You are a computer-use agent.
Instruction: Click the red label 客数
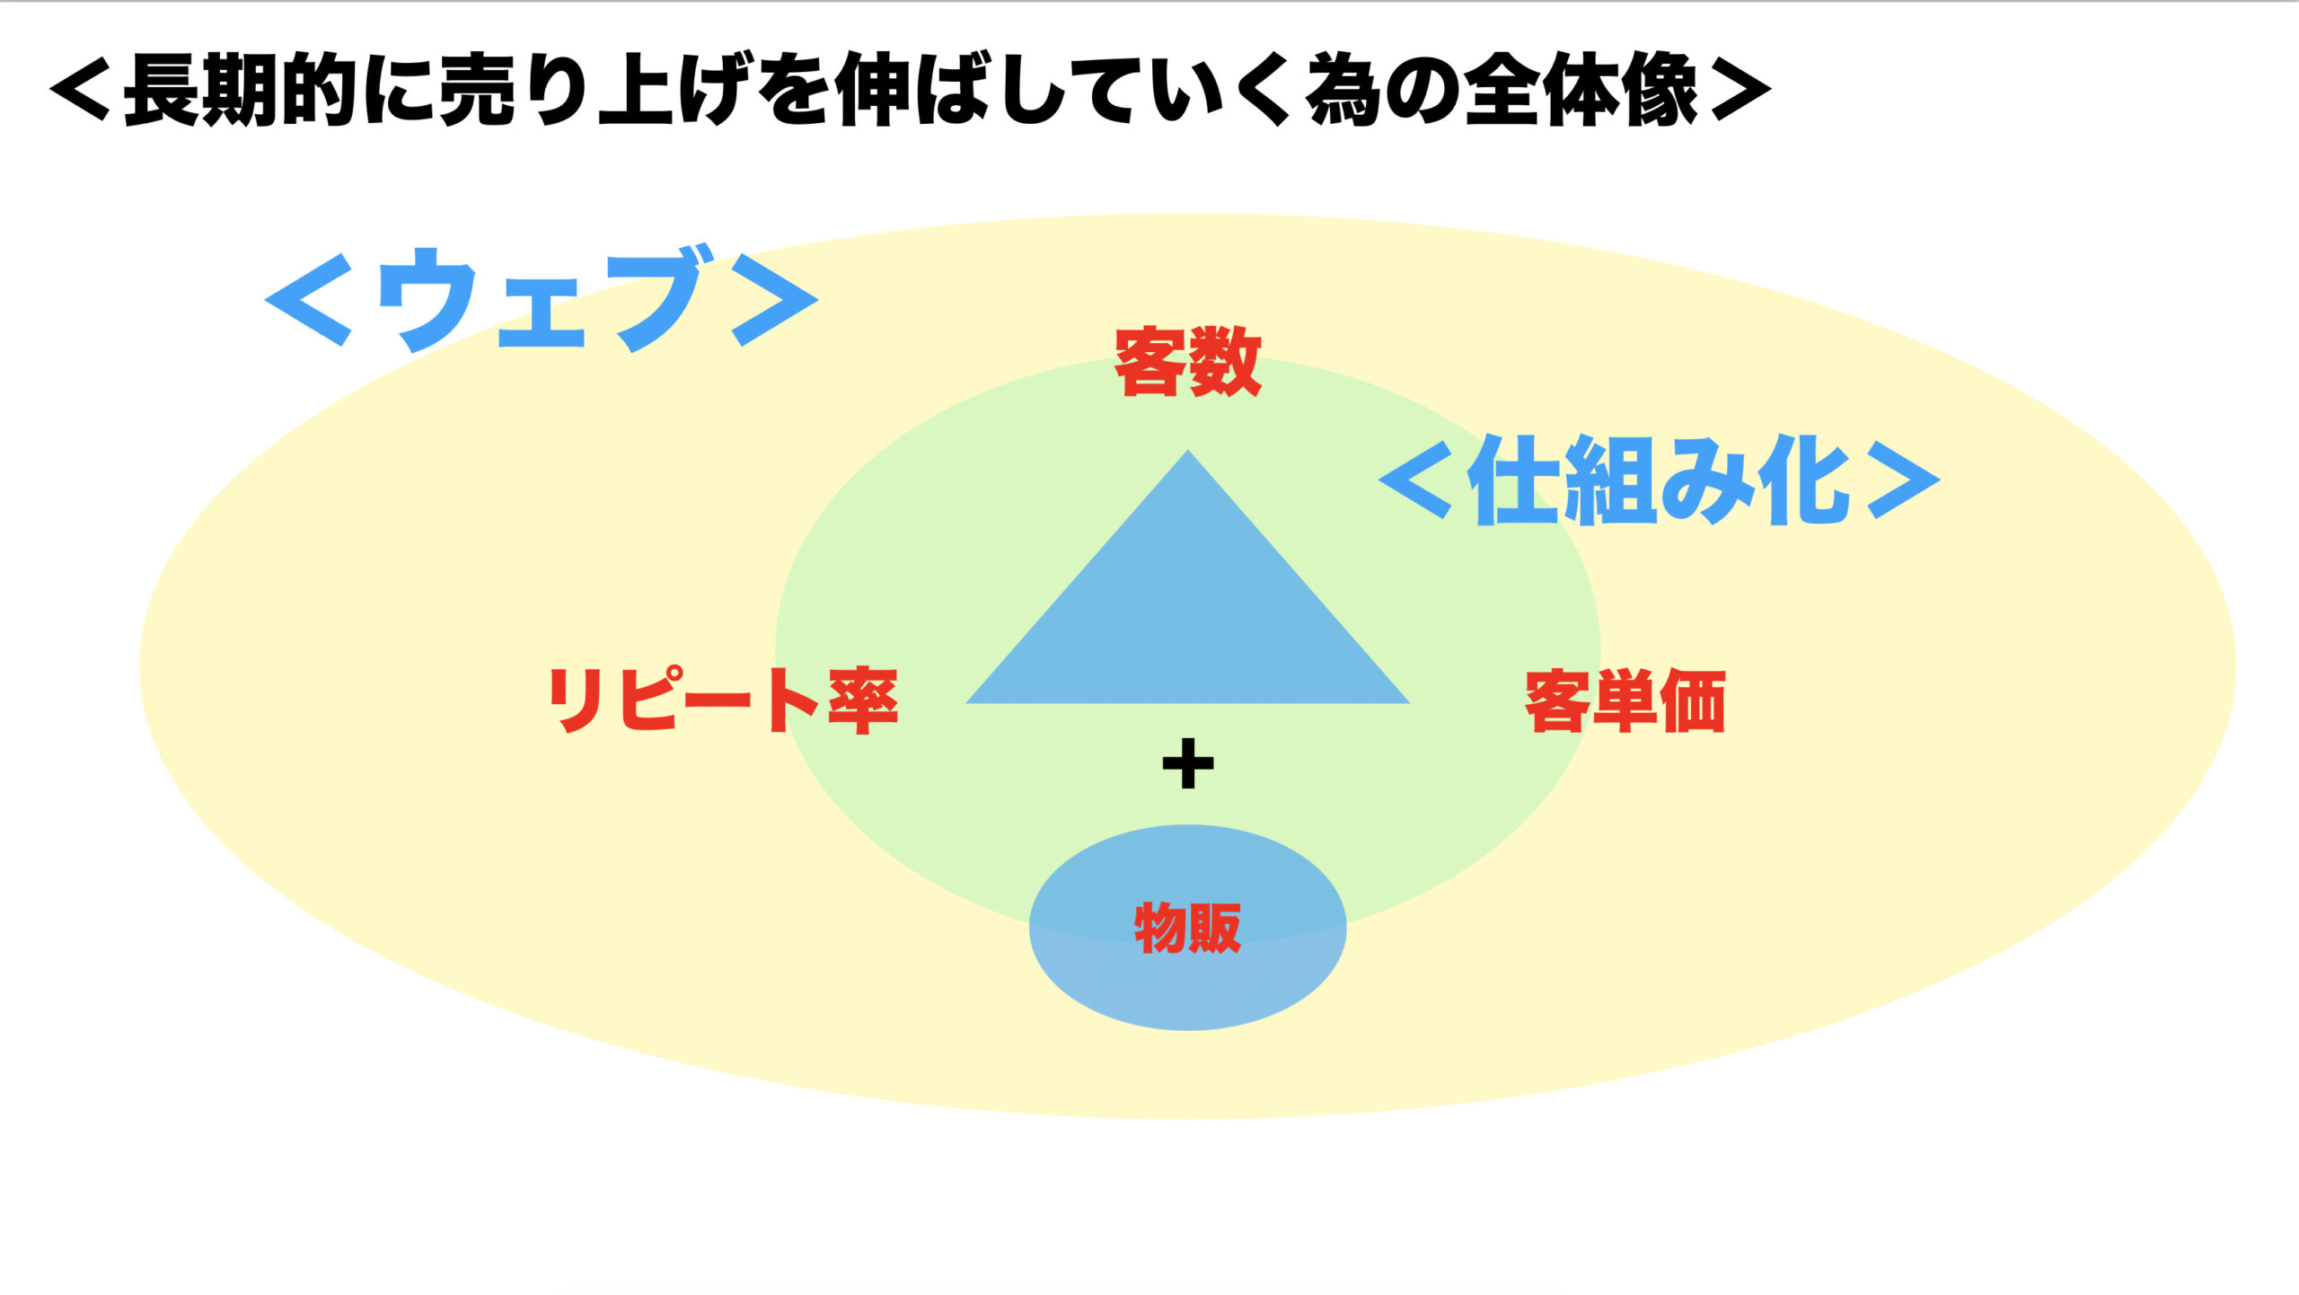coord(1188,361)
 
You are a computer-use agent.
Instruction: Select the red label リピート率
coord(723,700)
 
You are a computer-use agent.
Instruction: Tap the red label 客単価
coord(1625,700)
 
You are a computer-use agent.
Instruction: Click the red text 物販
coord(1188,927)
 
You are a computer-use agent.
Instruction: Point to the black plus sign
coord(1188,764)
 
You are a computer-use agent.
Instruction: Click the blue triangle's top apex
coord(1188,450)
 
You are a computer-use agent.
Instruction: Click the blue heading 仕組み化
coord(1659,480)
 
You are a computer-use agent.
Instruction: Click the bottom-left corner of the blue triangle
coord(966,702)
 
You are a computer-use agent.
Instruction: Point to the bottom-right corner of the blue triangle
coord(1409,702)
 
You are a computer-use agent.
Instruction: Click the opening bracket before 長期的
coord(80,90)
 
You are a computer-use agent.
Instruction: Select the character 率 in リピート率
coord(863,700)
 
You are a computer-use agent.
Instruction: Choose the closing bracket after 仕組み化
coord(1903,480)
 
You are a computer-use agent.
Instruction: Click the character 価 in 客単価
coord(1693,700)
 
